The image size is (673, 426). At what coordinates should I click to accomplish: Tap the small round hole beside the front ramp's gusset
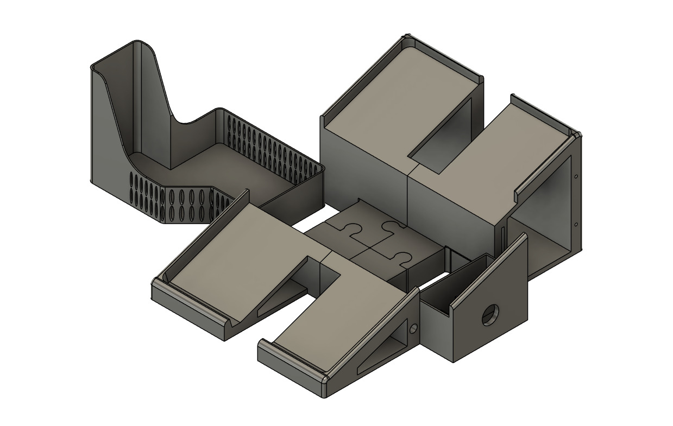tap(414, 328)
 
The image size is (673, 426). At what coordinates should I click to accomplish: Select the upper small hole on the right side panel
tap(576, 175)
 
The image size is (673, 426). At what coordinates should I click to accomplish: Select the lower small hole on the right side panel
tap(575, 224)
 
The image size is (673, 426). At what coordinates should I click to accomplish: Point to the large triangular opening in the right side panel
tap(543, 217)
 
